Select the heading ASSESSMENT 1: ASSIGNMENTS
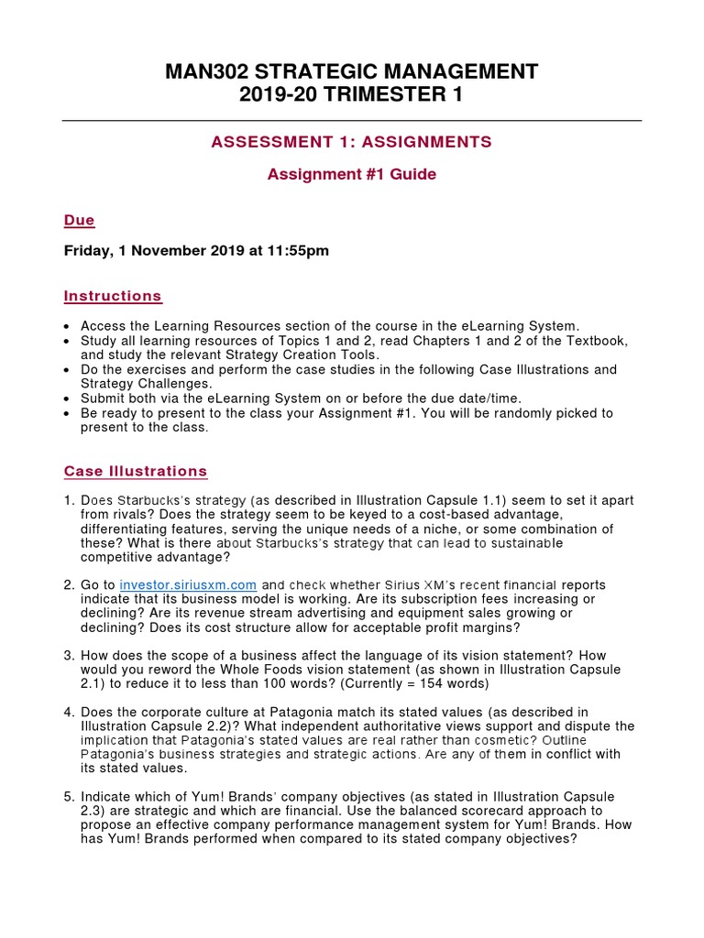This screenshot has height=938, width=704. pos(352,141)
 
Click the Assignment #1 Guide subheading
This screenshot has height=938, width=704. pos(352,174)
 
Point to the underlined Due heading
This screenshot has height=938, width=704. pos(79,220)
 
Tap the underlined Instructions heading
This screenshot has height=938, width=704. pos(113,296)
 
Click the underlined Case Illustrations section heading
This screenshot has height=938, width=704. pos(136,471)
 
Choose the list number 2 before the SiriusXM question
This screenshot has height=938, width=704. pos(68,584)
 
